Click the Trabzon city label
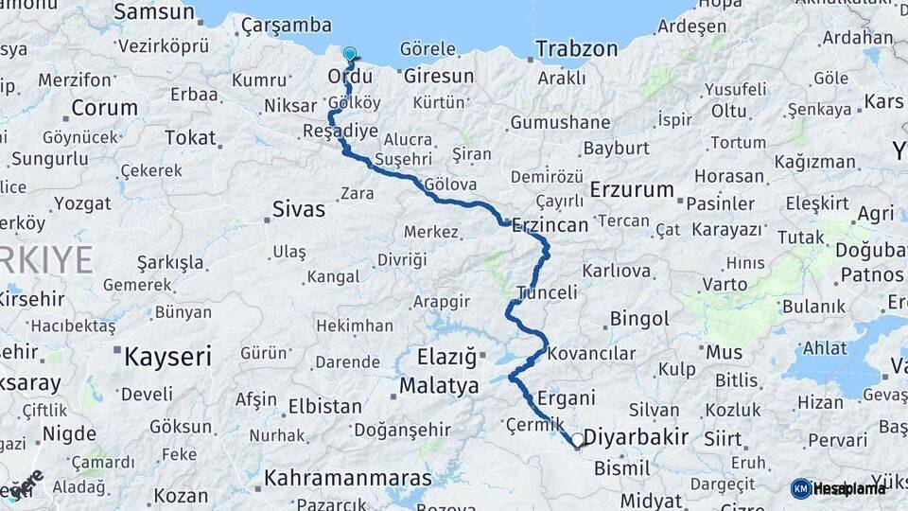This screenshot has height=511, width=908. coord(576,48)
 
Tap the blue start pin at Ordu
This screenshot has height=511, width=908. coord(350,56)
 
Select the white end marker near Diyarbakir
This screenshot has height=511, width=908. coord(577,440)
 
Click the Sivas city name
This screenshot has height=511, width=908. coord(298,208)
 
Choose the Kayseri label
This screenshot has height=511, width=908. coord(167,356)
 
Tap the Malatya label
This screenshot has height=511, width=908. coord(439,385)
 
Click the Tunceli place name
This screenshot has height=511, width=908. coord(547,292)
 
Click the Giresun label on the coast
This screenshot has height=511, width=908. coord(438,76)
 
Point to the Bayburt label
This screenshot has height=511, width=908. coord(616,148)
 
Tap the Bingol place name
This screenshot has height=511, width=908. coord(639,319)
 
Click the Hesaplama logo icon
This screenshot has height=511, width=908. coord(801,488)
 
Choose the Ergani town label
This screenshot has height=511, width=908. coord(566,397)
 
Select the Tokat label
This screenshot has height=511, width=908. coord(190,137)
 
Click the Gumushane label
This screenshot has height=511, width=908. coord(560,122)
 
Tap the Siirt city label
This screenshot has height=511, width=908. coord(723,439)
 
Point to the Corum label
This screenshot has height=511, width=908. coord(104,107)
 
